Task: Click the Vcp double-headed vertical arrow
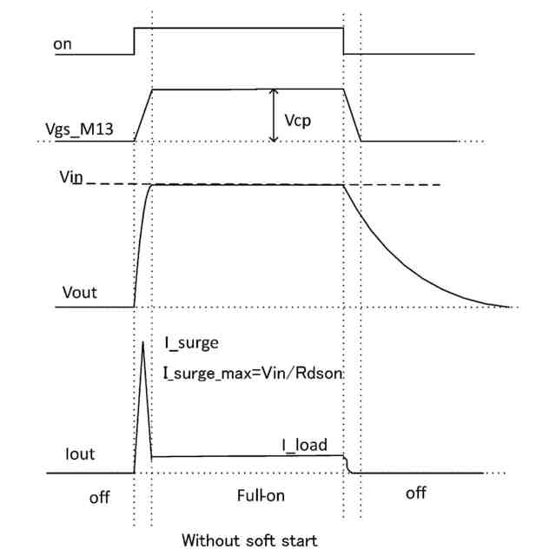[275, 115]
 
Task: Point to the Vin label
[71, 176]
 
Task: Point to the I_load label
[304, 446]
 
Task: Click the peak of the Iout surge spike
[143, 342]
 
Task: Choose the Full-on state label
[261, 495]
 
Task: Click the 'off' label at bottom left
[100, 497]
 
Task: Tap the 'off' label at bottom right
[416, 493]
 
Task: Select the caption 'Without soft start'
[249, 540]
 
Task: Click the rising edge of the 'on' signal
[134, 41]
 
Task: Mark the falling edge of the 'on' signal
[344, 41]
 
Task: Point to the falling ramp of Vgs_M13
[353, 115]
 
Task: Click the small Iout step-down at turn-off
[347, 466]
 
